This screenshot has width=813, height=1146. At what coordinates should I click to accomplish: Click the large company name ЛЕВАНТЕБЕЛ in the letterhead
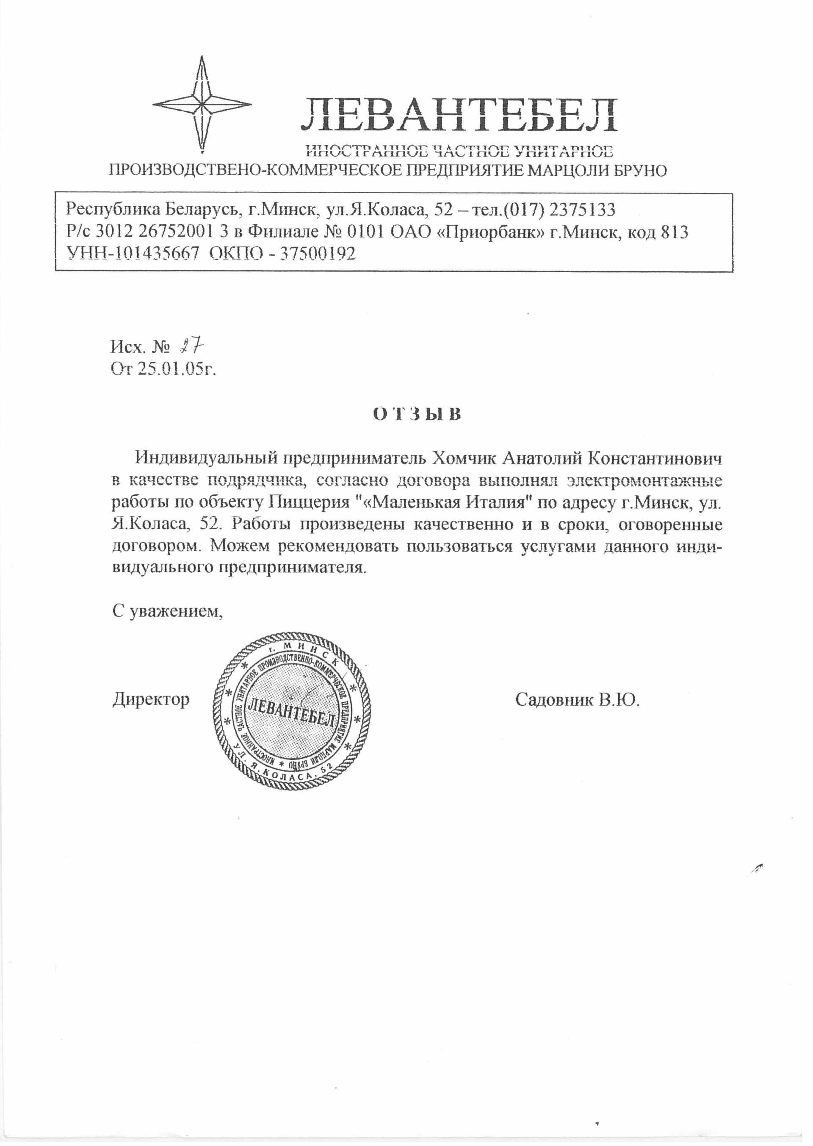click(x=458, y=116)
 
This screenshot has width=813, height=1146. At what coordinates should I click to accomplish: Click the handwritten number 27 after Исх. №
click(x=193, y=346)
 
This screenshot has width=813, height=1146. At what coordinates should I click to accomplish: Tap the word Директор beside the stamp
click(x=151, y=699)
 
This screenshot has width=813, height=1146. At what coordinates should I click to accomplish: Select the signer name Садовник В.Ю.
click(x=577, y=699)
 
